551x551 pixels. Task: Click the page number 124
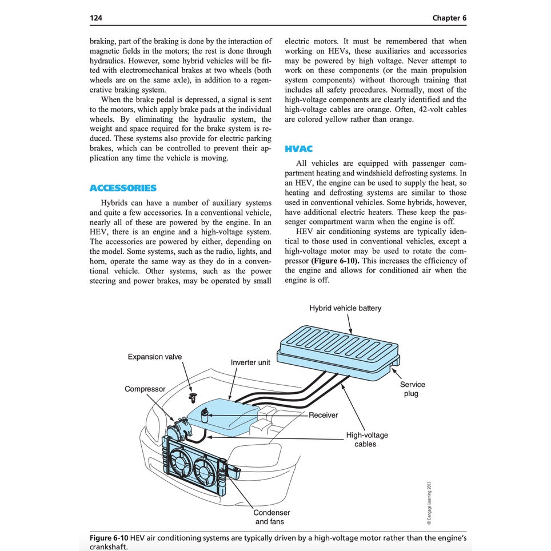tap(96, 18)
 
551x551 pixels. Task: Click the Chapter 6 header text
tap(449, 18)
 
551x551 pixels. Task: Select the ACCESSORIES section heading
tap(123, 188)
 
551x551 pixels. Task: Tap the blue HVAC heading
tap(298, 149)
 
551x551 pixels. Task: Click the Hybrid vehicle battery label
tap(345, 308)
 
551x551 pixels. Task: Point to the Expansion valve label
tap(155, 357)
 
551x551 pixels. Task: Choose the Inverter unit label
tap(250, 362)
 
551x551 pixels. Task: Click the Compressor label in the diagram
tap(145, 389)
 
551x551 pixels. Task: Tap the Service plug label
tap(412, 389)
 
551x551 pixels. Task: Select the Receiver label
tap(324, 415)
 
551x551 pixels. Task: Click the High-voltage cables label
tap(367, 439)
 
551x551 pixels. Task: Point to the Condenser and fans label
tap(271, 517)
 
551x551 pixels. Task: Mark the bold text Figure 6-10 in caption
tap(110, 537)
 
